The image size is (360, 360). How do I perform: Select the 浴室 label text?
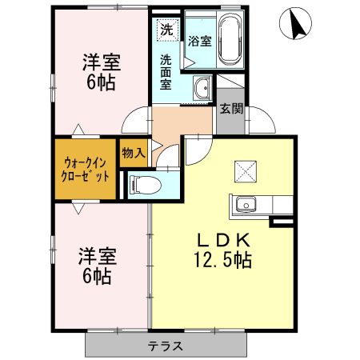point(199,41)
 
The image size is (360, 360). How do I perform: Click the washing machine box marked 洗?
point(166,30)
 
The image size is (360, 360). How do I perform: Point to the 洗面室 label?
point(166,71)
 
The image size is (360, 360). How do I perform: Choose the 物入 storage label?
point(134,152)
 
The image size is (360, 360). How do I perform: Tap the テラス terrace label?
point(166,346)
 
